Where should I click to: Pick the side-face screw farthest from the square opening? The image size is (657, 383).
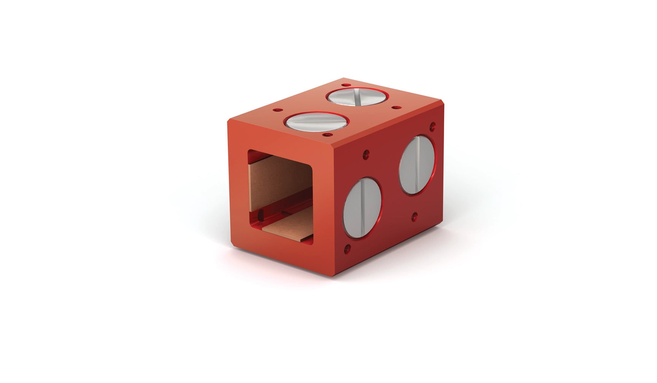(417, 165)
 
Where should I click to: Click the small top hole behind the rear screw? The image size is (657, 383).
(345, 85)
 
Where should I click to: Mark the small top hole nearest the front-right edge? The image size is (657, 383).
(325, 135)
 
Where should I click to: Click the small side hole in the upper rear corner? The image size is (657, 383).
(432, 125)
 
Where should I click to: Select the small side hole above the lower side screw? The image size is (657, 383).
(366, 154)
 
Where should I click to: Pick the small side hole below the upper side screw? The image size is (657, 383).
(414, 217)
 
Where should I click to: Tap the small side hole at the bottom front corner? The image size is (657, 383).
(347, 249)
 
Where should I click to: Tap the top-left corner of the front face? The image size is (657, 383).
(228, 121)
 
